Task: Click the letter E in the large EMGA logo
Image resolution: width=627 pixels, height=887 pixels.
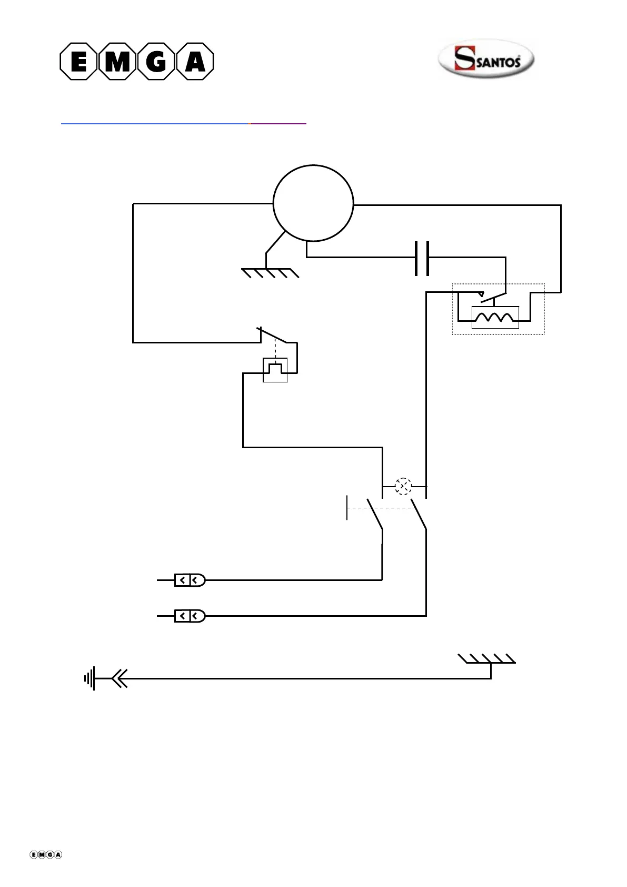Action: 78,62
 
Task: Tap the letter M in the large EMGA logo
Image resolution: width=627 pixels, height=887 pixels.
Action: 117,62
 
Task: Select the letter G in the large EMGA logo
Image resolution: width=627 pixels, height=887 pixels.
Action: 156,62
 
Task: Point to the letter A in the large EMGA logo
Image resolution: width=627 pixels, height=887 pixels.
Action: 195,62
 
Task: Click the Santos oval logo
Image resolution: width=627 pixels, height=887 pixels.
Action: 486,58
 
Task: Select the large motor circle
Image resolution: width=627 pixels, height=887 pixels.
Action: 313,203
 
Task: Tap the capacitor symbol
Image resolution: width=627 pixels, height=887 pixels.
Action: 422,258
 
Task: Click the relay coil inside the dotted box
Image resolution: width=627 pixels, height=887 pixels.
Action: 495,318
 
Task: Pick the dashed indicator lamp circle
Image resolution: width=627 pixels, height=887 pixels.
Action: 403,486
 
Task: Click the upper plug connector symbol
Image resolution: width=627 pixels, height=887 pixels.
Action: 190,580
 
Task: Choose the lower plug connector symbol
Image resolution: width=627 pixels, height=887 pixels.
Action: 190,616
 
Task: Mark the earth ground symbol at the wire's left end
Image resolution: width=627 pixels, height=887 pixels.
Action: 89,678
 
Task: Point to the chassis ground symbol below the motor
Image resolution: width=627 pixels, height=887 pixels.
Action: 270,273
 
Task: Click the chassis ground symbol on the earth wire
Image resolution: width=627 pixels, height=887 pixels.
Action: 487,659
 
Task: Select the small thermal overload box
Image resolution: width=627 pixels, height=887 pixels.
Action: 275,370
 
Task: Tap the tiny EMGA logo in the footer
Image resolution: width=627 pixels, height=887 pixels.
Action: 46,854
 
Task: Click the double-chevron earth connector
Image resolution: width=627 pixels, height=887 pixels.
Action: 120,678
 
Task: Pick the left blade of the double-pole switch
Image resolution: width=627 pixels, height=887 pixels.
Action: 375,514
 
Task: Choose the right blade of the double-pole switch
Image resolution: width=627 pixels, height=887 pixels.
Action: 419,514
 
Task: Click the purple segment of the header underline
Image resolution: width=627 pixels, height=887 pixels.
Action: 278,123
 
